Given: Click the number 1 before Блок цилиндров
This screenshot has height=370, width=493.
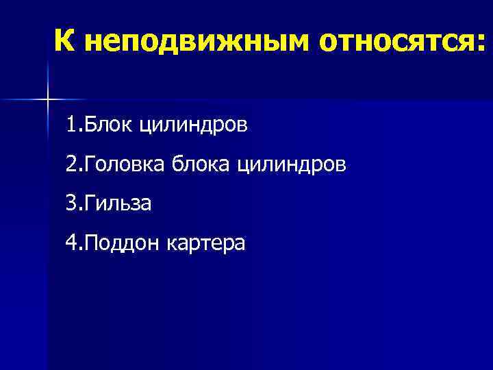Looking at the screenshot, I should coord(72,125).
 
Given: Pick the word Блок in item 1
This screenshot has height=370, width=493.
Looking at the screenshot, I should coord(103,125).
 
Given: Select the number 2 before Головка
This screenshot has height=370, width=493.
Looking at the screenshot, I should coord(72,164).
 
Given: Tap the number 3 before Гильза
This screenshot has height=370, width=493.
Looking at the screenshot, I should coord(72,203).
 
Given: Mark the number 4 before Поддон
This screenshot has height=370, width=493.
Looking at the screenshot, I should coord(72,243).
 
